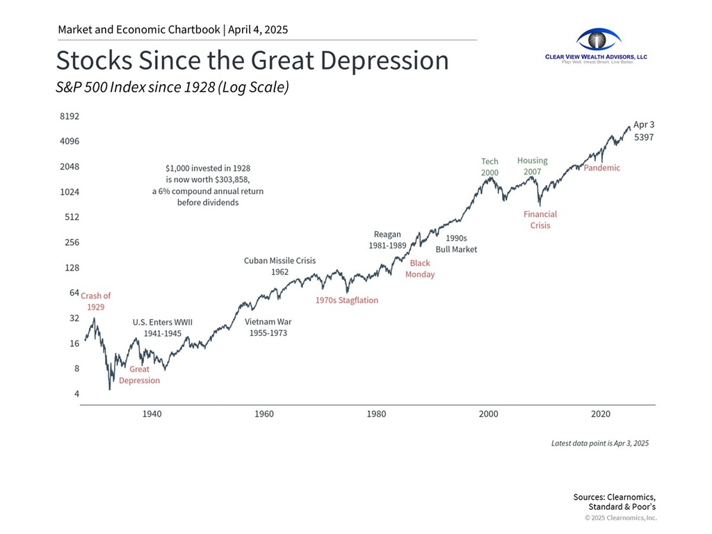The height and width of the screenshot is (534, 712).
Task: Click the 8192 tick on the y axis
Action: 70,116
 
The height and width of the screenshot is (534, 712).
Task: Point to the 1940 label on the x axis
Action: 152,414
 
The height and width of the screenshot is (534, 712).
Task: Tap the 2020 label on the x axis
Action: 601,414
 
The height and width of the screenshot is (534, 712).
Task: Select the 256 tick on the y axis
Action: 72,243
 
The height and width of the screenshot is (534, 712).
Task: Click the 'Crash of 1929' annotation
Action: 96,301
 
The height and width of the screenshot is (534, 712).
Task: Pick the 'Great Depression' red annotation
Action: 139,375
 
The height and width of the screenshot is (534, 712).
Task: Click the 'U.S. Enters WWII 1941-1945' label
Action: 163,328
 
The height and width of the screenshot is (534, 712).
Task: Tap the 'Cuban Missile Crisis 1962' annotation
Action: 280,266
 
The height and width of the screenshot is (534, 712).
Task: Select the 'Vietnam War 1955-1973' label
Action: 268,327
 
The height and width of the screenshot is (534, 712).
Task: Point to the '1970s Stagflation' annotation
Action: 347,301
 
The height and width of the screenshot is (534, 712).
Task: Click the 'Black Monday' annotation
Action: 420,269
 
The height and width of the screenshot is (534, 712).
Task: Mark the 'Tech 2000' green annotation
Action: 489,167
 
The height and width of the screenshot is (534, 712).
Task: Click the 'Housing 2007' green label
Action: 533,166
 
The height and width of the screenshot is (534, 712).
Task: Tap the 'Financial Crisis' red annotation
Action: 540,220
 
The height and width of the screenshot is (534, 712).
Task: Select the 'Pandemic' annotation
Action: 601,168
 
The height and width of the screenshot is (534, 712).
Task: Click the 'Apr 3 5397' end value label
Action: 643,131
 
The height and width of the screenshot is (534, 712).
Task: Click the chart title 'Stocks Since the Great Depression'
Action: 252,60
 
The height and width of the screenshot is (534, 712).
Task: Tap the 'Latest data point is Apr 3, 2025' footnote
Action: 599,443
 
